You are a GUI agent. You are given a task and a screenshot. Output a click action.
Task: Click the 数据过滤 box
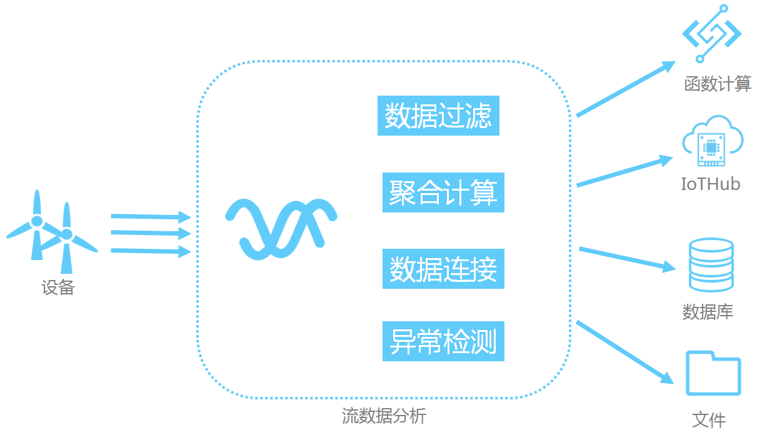pyautogui.click(x=438, y=116)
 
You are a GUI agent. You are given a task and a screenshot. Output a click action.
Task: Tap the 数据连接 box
pyautogui.click(x=443, y=269)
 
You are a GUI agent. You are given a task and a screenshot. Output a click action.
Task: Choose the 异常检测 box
pyautogui.click(x=443, y=341)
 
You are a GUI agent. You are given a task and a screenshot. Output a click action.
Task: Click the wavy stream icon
pyautogui.click(x=281, y=229)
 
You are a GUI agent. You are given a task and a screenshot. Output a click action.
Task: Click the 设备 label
pyautogui.click(x=58, y=287)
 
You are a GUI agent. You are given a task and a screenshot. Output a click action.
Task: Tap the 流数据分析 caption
pyautogui.click(x=384, y=416)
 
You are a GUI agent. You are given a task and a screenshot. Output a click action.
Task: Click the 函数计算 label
pyautogui.click(x=718, y=84)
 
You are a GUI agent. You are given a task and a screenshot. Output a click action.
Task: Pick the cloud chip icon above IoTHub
pyautogui.click(x=712, y=142)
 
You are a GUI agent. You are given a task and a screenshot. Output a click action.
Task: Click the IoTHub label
pyautogui.click(x=711, y=184)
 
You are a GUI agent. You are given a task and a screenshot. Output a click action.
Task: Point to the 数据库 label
pyautogui.click(x=708, y=312)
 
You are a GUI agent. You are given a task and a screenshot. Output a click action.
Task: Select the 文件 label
pyautogui.click(x=709, y=419)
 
